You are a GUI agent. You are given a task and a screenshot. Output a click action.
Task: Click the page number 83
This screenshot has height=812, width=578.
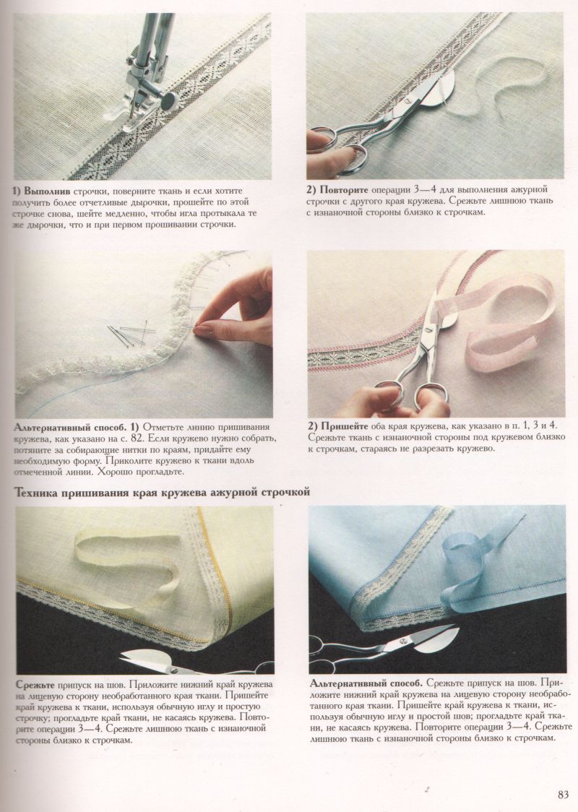[x=563, y=795]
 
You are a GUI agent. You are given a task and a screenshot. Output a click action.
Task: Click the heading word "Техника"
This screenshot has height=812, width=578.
[x=37, y=493]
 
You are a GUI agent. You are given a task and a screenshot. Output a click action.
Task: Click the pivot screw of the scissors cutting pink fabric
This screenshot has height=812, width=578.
[x=429, y=328]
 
